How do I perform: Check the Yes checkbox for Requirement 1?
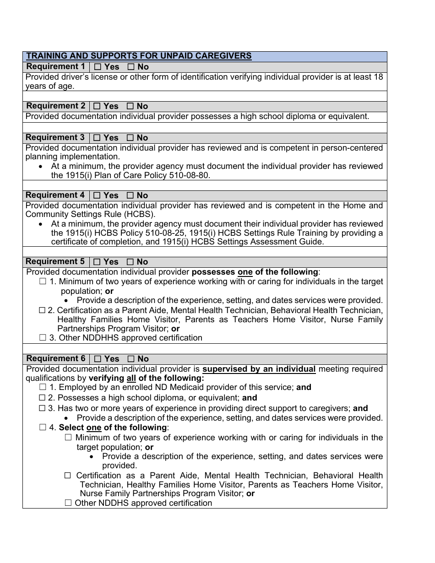[97, 67]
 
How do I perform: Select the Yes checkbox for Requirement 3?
[97, 138]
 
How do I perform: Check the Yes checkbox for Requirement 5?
[97, 262]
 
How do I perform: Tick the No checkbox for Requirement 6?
[130, 359]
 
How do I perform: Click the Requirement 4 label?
[55, 195]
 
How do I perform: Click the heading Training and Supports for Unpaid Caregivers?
[139, 56]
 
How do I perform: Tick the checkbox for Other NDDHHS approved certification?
[43, 338]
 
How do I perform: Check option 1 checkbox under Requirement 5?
[43, 281]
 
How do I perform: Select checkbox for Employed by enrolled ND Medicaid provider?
[43, 387]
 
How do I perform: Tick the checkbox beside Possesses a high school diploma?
[43, 398]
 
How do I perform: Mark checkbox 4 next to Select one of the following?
[43, 428]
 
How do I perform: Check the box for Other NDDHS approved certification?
[69, 503]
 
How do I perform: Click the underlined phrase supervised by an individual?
[259, 369]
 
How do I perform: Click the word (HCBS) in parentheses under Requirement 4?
[141, 214]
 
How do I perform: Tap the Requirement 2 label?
[55, 106]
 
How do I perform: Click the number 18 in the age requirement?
[378, 77]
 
